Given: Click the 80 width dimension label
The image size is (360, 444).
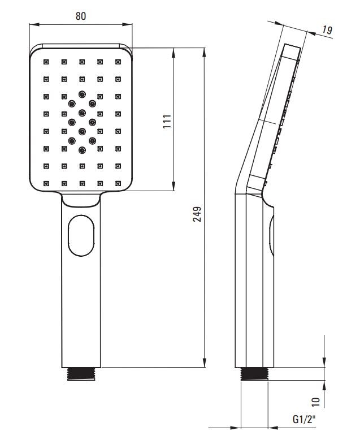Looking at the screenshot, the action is (x=81, y=16).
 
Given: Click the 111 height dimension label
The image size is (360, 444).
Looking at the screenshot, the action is (x=167, y=121).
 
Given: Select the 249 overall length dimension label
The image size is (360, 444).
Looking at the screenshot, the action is (x=197, y=214).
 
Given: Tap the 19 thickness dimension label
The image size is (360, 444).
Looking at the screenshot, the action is (x=327, y=30).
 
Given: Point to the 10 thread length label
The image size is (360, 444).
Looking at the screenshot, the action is (x=316, y=402).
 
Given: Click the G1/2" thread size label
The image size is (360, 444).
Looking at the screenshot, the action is (x=304, y=419).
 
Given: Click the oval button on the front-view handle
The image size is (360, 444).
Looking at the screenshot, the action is (x=81, y=236).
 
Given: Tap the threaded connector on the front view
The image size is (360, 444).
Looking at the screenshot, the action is (x=81, y=374).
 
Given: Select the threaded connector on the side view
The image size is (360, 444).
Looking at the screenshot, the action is (x=254, y=374).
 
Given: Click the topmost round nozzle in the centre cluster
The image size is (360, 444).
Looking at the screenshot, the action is (x=82, y=94).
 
